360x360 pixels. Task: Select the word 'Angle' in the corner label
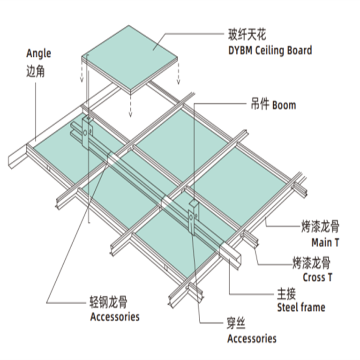[38, 53]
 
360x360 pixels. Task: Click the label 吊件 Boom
[271, 104]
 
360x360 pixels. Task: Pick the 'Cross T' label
[317, 277]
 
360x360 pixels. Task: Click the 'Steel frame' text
[301, 307]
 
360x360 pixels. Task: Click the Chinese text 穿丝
[237, 323]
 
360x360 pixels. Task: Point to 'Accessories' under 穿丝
[252, 338]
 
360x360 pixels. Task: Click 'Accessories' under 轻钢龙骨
[115, 317]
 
